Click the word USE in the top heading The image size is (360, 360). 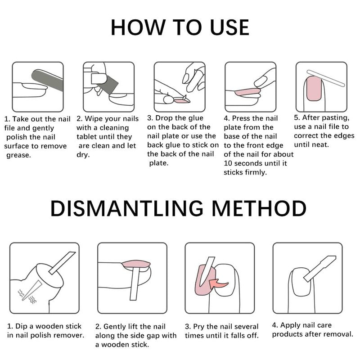click(x=229, y=27)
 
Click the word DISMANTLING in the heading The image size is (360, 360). click(x=127, y=208)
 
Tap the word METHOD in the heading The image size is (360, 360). click(x=259, y=208)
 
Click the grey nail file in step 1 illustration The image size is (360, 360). click(x=47, y=81)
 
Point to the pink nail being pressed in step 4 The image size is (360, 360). click(x=247, y=92)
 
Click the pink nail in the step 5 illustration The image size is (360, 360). click(x=314, y=89)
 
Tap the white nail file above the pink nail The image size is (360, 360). click(x=326, y=78)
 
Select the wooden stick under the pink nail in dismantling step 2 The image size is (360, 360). click(x=134, y=284)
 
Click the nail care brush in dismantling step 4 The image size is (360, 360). click(x=319, y=269)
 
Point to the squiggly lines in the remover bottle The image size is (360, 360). click(x=27, y=296)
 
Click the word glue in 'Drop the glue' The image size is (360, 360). click(x=195, y=118)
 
